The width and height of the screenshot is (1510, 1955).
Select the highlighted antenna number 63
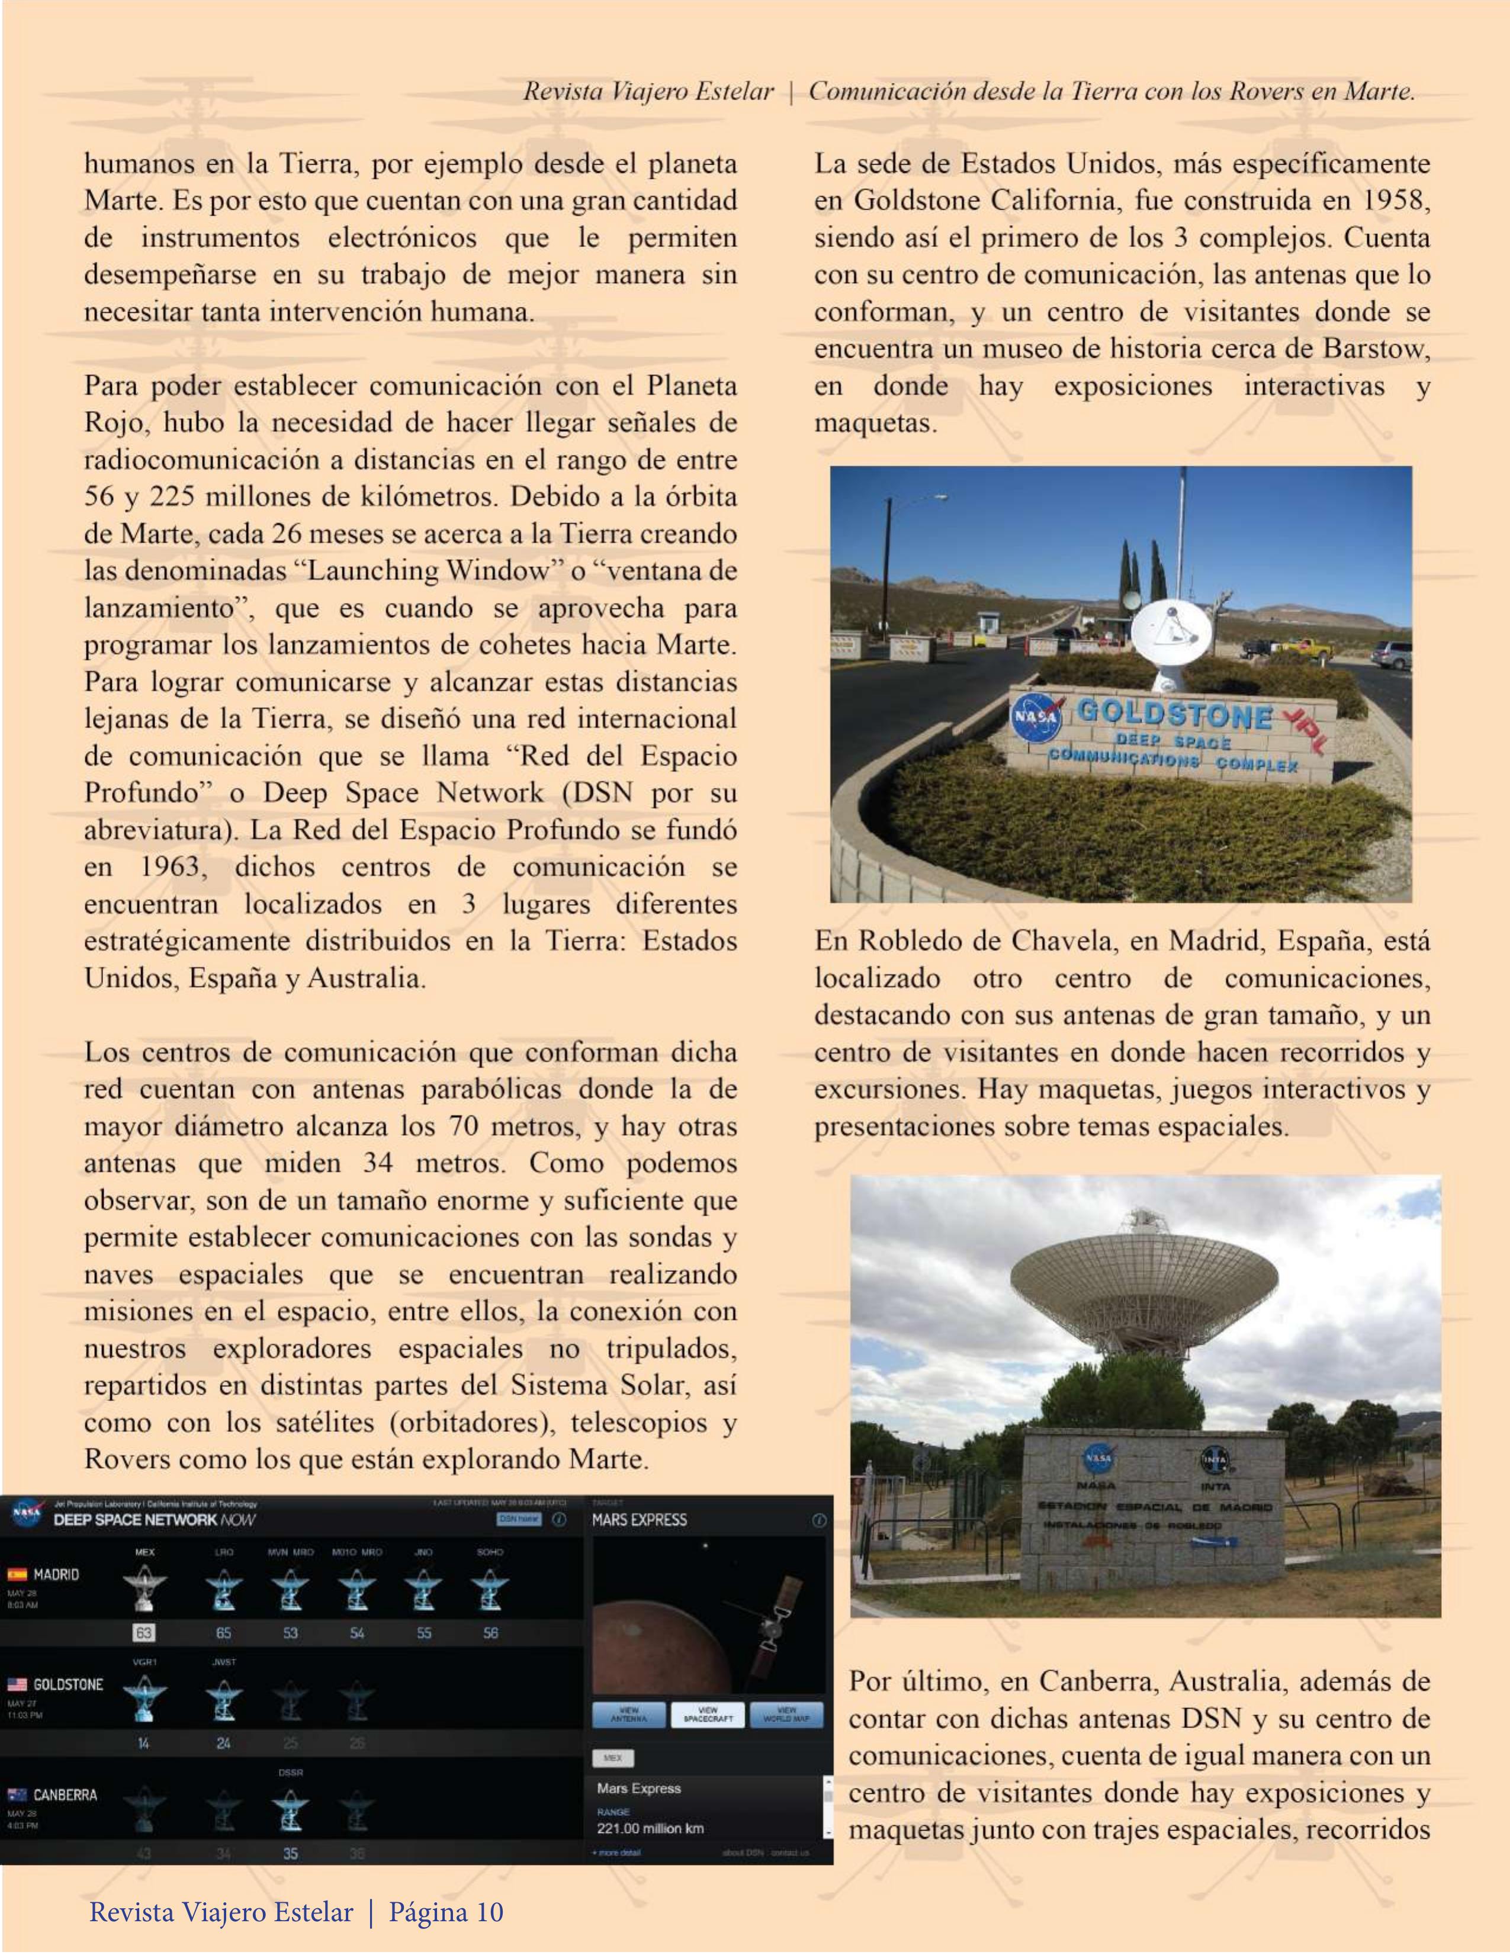click(x=144, y=1633)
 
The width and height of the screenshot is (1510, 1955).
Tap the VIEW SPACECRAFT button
click(x=708, y=1713)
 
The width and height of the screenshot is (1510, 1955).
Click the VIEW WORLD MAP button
click(x=786, y=1713)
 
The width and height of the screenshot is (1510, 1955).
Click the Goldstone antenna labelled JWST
click(x=223, y=1701)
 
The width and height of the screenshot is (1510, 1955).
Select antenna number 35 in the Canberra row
click(x=290, y=1853)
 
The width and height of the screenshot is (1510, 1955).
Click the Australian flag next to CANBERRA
click(x=17, y=1795)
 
